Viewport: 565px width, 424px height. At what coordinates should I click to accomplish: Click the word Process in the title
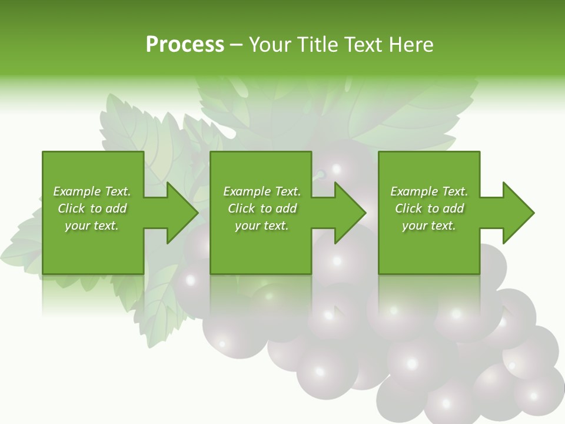[185, 44]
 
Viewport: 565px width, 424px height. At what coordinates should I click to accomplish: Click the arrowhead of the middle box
[350, 213]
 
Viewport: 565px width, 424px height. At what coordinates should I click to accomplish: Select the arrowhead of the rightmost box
[518, 213]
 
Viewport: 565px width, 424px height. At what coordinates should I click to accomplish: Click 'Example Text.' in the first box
[92, 191]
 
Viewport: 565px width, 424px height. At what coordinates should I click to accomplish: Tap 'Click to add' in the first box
[92, 208]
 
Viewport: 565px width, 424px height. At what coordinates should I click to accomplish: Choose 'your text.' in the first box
[92, 226]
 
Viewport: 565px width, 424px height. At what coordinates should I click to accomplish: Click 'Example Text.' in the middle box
[262, 191]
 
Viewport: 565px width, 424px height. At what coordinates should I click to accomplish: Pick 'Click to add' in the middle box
[262, 208]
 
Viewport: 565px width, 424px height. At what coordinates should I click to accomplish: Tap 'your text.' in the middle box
[262, 226]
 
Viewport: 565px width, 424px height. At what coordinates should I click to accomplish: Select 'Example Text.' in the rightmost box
[429, 191]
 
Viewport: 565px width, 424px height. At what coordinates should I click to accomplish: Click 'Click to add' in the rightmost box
[429, 208]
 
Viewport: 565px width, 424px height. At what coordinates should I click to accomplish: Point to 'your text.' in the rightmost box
[429, 226]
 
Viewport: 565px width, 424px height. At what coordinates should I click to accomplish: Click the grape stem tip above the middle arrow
[321, 174]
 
